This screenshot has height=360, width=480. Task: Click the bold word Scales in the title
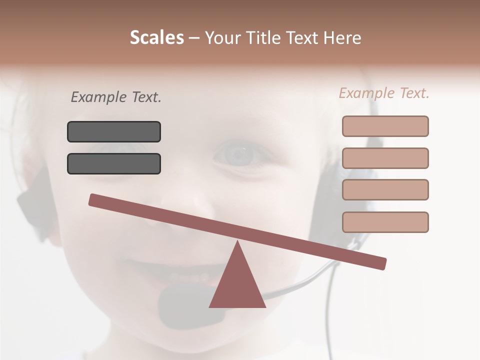click(x=156, y=37)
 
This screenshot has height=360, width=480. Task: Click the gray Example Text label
click(x=116, y=97)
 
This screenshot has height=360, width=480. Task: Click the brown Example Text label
click(x=384, y=93)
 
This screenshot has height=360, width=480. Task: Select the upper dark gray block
click(x=114, y=131)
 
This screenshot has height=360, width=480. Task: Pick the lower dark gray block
click(x=114, y=163)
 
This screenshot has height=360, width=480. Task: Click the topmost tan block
click(x=385, y=126)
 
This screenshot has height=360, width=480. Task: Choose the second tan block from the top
click(x=385, y=158)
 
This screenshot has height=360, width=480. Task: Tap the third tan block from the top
click(x=385, y=189)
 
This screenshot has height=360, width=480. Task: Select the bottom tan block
click(x=385, y=222)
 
